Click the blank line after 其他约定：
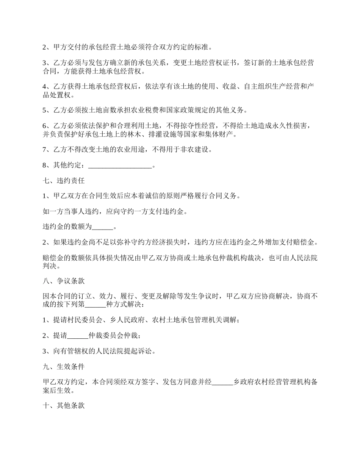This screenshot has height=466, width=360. point(119,166)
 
